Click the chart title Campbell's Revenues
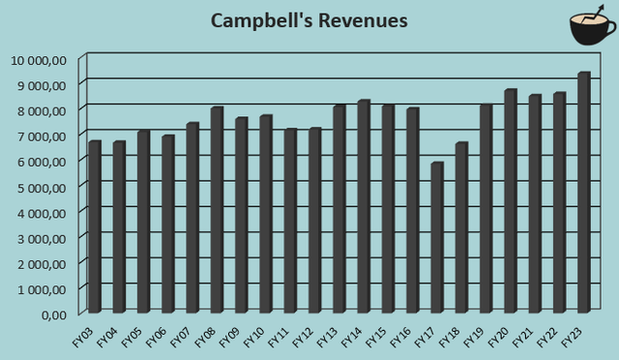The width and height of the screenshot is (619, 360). (309, 20)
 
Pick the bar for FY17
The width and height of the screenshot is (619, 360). (436, 237)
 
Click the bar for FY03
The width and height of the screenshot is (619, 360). (94, 226)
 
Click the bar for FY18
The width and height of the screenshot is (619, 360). (461, 226)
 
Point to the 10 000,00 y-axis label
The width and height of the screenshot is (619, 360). (39, 60)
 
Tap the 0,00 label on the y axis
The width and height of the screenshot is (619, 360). (52, 315)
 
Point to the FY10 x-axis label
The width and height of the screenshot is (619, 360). (255, 337)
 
